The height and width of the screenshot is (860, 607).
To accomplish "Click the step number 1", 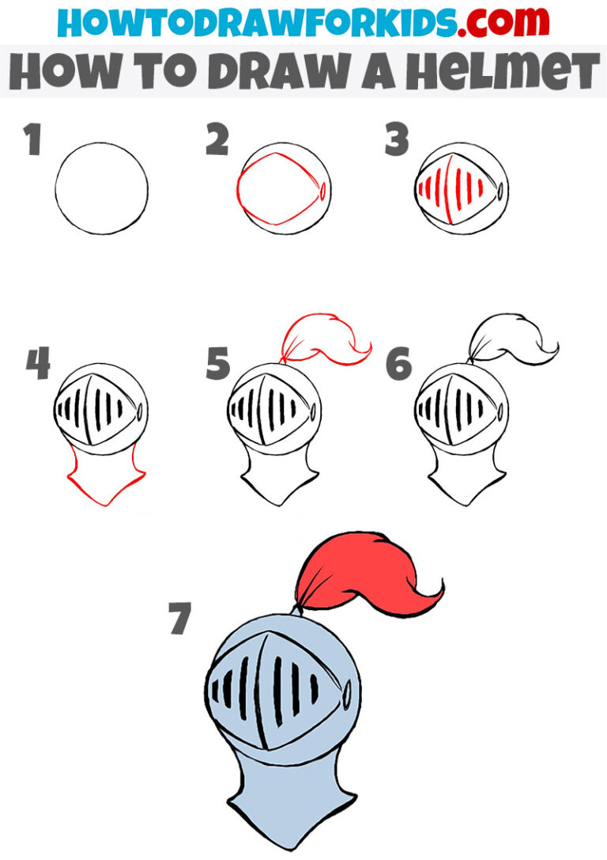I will coord(32,141).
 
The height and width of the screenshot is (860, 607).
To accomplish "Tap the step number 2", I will coord(217,141).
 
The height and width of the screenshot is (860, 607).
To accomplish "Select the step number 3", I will coord(397,141).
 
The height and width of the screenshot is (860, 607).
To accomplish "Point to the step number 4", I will coord(37,365).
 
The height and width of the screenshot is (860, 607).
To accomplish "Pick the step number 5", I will coord(217,365).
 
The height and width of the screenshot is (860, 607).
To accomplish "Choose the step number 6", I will coord(399,365).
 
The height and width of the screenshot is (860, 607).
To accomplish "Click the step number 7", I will coord(180,619).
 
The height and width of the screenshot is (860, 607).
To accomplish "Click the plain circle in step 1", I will coord(102,188).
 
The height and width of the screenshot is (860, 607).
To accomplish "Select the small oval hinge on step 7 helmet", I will coord(346,693).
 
